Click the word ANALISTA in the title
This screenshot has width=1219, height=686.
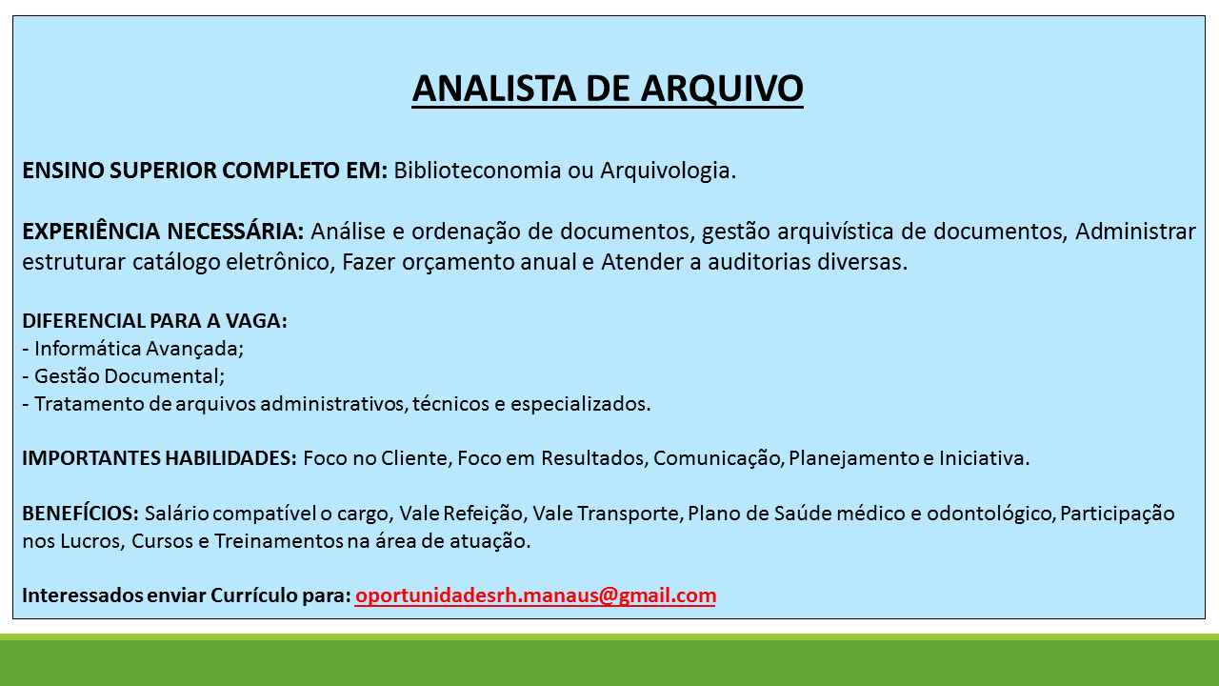(x=493, y=89)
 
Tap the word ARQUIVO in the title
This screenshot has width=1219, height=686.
(x=722, y=89)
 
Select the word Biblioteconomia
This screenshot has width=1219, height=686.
(x=477, y=171)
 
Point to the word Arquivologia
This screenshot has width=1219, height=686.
(x=668, y=171)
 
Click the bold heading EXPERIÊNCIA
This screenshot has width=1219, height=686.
(x=90, y=231)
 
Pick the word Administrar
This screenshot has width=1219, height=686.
(x=1135, y=232)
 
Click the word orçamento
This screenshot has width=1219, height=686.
(x=458, y=263)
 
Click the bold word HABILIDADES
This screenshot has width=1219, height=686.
(x=230, y=458)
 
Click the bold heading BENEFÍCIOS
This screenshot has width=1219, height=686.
(x=81, y=513)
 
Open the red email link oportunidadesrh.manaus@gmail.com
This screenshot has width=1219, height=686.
(x=535, y=595)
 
